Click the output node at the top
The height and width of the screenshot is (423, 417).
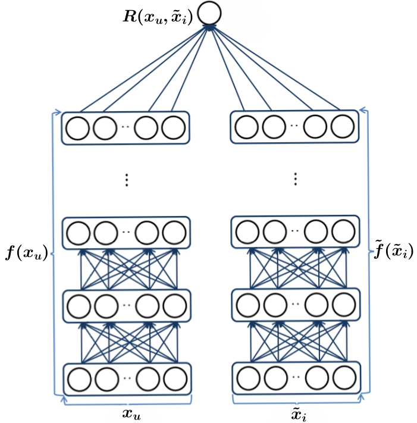click(x=209, y=13)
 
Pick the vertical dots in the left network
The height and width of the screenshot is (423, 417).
click(x=126, y=180)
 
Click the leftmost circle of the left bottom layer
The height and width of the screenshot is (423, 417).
click(x=78, y=378)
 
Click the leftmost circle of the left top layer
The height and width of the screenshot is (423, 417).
click(x=78, y=127)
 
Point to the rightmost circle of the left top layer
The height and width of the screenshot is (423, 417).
click(x=174, y=127)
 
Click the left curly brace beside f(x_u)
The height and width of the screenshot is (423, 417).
click(x=54, y=253)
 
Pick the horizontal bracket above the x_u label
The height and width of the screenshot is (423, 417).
click(x=126, y=402)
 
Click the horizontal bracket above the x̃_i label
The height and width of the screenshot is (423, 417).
click(x=296, y=402)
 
